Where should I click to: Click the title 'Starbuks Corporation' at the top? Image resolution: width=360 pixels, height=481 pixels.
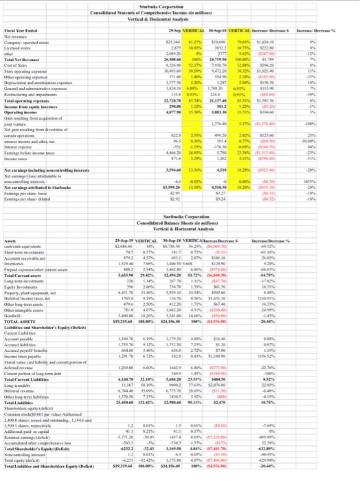pyautogui.click(x=180, y=5)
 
